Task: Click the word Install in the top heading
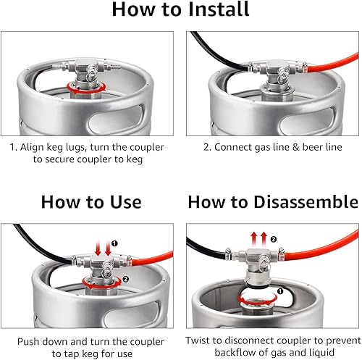(x=219, y=9)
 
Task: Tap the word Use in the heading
(x=125, y=202)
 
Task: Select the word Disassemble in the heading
(x=306, y=201)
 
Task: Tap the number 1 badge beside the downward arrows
(x=114, y=243)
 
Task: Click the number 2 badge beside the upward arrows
(x=273, y=239)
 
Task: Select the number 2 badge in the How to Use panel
(x=125, y=280)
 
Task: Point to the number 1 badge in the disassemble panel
(x=280, y=291)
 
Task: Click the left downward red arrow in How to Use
(x=98, y=248)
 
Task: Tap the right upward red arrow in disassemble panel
(x=264, y=239)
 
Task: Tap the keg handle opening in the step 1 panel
(x=115, y=120)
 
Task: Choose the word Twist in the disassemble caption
(x=199, y=340)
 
